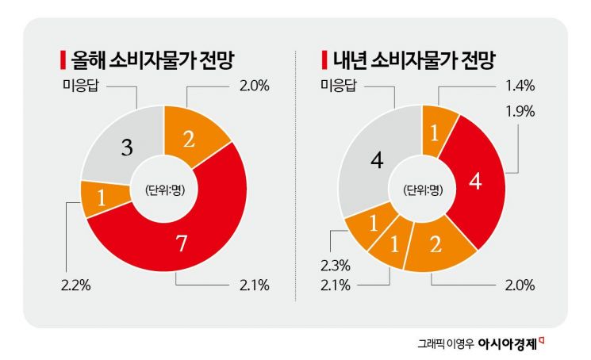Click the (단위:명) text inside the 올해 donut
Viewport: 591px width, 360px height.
[x=164, y=190]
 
